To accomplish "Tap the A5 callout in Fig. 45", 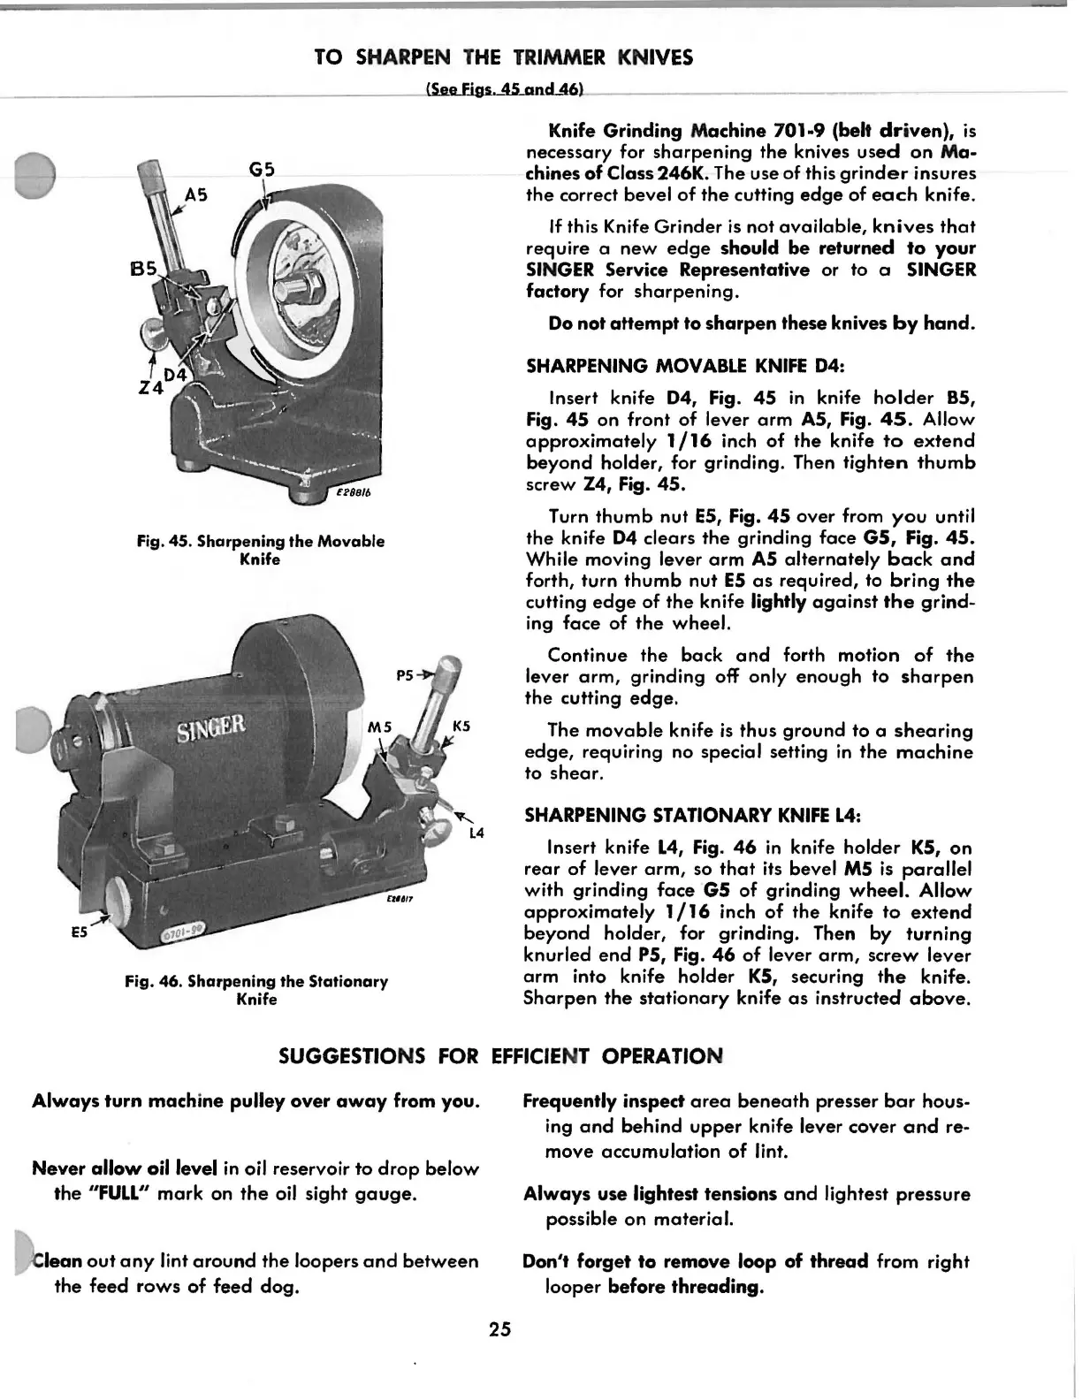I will click(x=195, y=195).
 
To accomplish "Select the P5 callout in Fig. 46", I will click(x=407, y=675).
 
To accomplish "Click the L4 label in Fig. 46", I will click(x=476, y=833).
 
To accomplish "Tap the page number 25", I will click(x=499, y=1329).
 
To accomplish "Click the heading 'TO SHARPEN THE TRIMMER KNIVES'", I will click(x=504, y=57).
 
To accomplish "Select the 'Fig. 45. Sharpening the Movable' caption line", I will click(x=261, y=541).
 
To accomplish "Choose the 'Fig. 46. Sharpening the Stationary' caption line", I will click(x=256, y=981).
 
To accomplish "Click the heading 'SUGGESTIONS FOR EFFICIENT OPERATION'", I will click(x=500, y=1055).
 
